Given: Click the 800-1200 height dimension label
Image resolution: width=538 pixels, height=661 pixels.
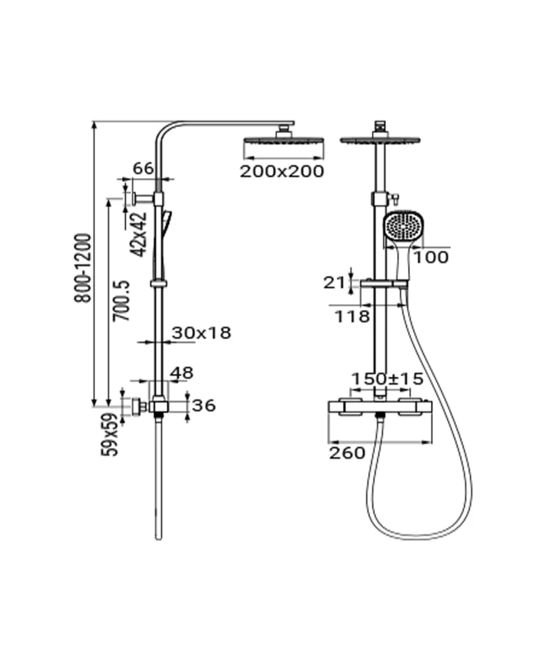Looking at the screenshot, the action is (83, 268).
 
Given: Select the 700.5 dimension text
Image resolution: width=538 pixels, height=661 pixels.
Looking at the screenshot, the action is (122, 301).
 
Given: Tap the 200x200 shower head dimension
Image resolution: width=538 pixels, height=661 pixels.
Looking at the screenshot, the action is (282, 171).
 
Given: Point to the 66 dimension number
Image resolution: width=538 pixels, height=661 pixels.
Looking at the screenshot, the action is (143, 169).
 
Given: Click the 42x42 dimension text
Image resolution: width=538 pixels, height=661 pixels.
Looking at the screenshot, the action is (139, 234).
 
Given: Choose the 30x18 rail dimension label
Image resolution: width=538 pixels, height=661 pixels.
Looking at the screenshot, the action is (202, 333).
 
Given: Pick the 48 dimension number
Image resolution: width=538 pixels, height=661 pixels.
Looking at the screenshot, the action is (182, 373).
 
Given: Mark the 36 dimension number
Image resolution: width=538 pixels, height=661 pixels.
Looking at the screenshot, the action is (204, 406).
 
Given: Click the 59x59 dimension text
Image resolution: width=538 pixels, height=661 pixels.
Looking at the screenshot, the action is (109, 435).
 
